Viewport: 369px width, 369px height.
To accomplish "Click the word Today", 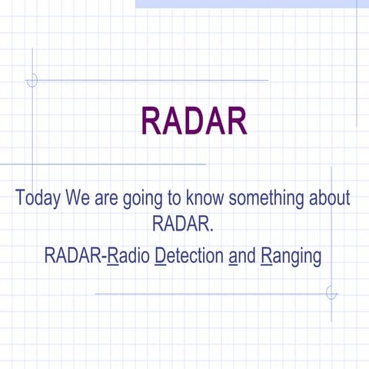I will click(x=38, y=198).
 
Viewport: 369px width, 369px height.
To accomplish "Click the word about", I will click(x=330, y=198).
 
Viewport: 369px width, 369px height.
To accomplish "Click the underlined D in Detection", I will click(x=160, y=255).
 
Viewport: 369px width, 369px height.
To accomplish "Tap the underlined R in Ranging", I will click(x=266, y=255).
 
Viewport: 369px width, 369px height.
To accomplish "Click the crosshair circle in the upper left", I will click(x=32, y=80).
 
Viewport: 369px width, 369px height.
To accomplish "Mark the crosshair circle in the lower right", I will click(x=331, y=293).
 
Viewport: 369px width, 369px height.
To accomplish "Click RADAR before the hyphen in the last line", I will click(x=74, y=255).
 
